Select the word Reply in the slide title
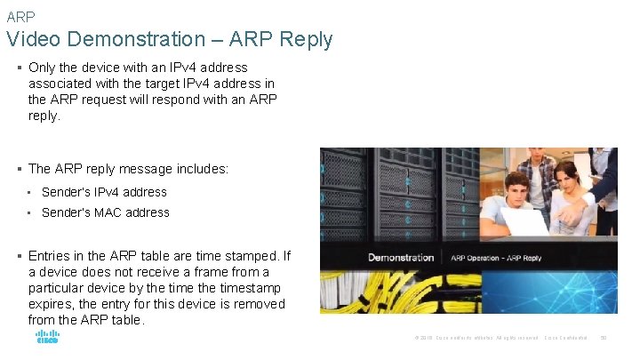(x=304, y=39)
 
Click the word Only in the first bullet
(x=44, y=68)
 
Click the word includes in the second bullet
(x=202, y=169)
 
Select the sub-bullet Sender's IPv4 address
(x=104, y=192)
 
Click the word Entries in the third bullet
(x=52, y=256)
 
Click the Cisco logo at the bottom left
(x=47, y=338)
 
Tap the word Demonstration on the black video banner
(x=402, y=258)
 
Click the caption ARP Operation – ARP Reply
(x=496, y=258)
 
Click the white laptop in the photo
(x=515, y=222)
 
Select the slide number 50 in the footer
(x=603, y=338)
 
